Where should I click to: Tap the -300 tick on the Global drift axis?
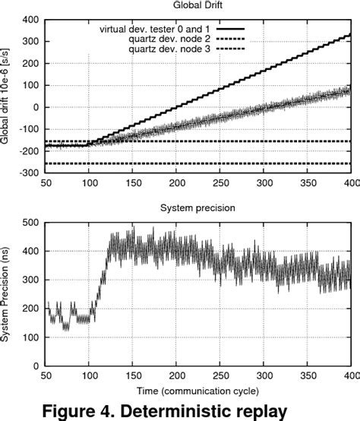tap(29, 173)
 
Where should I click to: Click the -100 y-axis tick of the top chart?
tap(29, 129)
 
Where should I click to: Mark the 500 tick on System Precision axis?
tap(30, 222)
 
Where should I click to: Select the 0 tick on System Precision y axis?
tap(36, 366)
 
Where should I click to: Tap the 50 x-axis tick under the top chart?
tap(46, 183)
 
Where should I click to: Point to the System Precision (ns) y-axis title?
tap(8, 293)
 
